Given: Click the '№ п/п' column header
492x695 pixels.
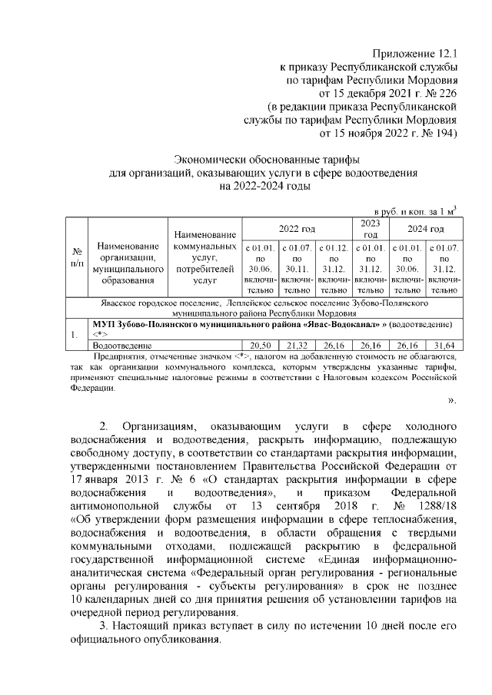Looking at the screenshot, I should point(77,256).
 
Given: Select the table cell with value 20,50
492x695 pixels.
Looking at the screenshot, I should point(259,346).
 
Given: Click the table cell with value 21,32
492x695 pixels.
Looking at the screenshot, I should point(296,346).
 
